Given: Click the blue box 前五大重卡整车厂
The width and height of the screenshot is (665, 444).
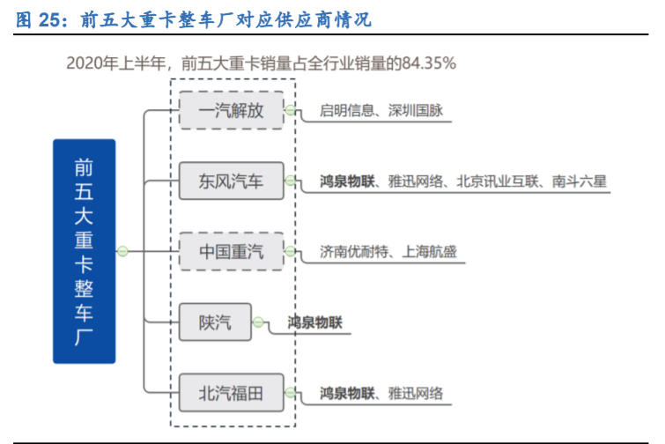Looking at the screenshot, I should (x=84, y=251).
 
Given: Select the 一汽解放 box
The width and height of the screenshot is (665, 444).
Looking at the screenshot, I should (x=231, y=110).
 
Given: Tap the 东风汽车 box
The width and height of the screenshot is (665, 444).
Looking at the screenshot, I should (x=231, y=181).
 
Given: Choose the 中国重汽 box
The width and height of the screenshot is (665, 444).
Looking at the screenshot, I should (x=231, y=252).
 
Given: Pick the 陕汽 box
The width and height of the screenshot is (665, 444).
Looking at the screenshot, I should (x=215, y=322).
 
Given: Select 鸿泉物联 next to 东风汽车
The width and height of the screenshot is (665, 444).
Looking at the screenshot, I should (x=348, y=181).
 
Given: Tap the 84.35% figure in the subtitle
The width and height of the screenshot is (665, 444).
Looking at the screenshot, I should (x=428, y=63).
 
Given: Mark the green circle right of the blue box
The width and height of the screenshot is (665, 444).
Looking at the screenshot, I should (x=123, y=252).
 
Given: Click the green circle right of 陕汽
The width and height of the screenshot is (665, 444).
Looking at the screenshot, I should (x=258, y=322).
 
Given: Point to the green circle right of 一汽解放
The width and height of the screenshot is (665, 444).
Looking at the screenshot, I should (x=290, y=110).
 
